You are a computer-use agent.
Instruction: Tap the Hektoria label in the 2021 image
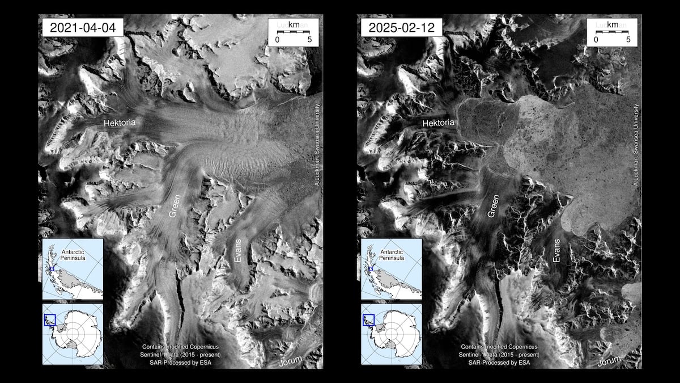pos(120,122)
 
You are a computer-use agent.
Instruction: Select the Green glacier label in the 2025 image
pos(494,208)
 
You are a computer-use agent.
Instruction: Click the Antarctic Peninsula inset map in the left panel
pos(73,269)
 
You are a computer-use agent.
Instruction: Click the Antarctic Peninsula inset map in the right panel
pos(392,269)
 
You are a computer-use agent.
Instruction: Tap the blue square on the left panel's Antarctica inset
pos(49,320)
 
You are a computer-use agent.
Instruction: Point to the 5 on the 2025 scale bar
pos(628,40)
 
